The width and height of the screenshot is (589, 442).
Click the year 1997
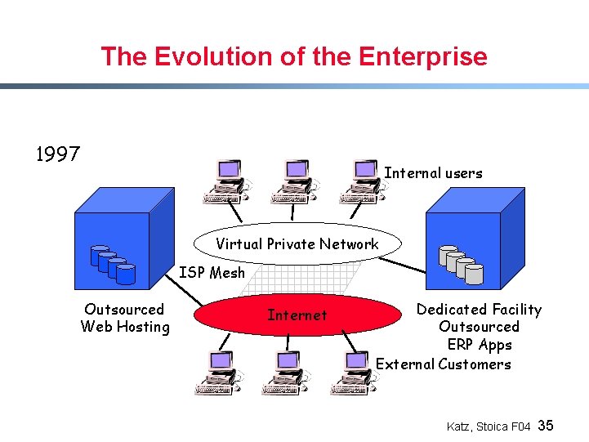(58, 154)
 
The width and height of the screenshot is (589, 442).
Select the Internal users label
(433, 173)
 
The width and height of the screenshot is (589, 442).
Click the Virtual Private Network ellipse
(297, 243)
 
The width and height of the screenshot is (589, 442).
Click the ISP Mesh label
(212, 273)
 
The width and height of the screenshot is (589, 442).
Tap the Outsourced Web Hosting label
(125, 318)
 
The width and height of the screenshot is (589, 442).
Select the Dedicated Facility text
(479, 310)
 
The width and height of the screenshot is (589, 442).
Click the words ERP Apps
(480, 346)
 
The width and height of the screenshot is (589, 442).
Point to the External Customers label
(444, 364)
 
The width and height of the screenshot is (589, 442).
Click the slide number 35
(547, 426)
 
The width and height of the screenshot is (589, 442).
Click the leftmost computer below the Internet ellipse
(219, 373)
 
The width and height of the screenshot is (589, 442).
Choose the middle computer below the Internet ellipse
(286, 373)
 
